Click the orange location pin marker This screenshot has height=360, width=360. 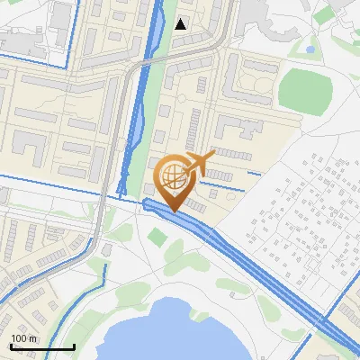click(x=173, y=179)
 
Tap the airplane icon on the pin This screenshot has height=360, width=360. click(x=199, y=163)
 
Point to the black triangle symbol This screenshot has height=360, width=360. click(x=181, y=23)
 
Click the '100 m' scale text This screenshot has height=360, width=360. click(x=24, y=337)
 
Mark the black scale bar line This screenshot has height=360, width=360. click(x=41, y=346)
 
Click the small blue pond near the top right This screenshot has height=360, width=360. click(x=310, y=49)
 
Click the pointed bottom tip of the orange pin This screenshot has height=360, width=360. click(x=173, y=211)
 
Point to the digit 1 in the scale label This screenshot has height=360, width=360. click(x=13, y=337)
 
